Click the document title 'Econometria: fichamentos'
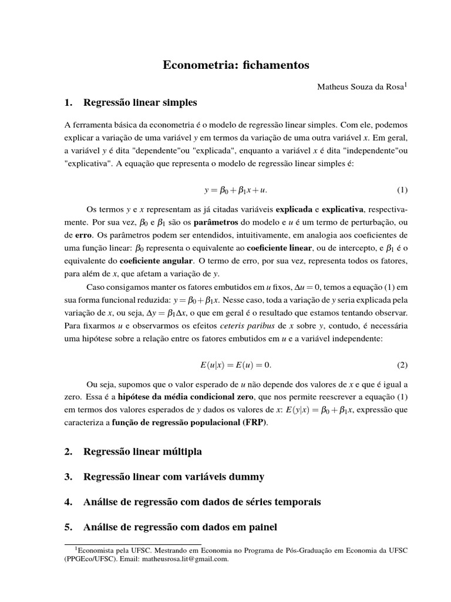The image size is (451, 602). pyautogui.click(x=235, y=65)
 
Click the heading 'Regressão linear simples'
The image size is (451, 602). pyautogui.click(x=140, y=103)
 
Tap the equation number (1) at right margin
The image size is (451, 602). pyautogui.click(x=402, y=190)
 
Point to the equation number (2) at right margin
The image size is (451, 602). pyautogui.click(x=402, y=364)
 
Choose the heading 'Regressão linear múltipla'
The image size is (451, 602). pyautogui.click(x=143, y=451)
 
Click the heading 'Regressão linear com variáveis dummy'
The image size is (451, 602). pyautogui.click(x=174, y=477)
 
